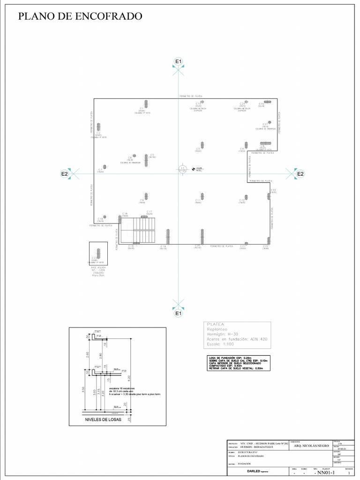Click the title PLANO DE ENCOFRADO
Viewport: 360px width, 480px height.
pos(80,16)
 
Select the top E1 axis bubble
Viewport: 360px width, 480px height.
pos(178,61)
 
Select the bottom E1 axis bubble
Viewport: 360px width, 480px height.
pos(178,313)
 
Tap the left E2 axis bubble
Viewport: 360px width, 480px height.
pos(65,174)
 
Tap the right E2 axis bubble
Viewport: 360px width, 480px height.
pos(300,174)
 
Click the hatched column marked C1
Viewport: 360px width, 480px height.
pos(147,103)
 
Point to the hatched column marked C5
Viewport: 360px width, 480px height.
pos(147,161)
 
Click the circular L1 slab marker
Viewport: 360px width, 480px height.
pos(183,169)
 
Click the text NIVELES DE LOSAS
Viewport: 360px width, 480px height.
pos(103,420)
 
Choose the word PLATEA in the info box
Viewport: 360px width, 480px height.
pos(216,324)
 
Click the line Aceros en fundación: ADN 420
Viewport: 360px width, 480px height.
pos(237,339)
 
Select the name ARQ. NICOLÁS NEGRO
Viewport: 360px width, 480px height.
pos(311,446)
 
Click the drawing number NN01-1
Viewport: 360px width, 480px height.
pos(326,472)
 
